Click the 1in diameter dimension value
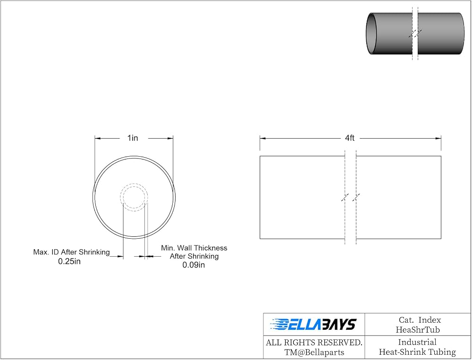point(133,138)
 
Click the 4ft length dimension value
point(349,138)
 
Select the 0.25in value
point(69,261)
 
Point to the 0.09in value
point(194,265)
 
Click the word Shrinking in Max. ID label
point(94,252)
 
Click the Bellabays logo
point(314,324)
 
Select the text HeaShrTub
point(418,330)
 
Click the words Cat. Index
point(420,320)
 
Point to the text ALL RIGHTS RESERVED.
point(314,343)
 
